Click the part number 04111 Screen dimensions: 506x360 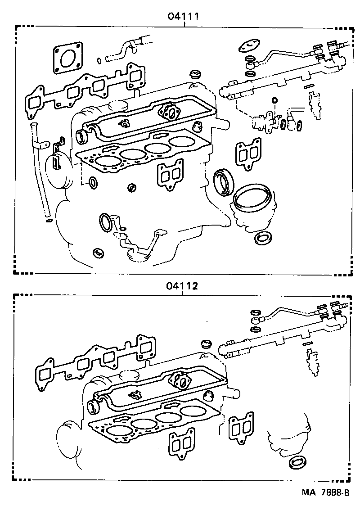184,17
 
